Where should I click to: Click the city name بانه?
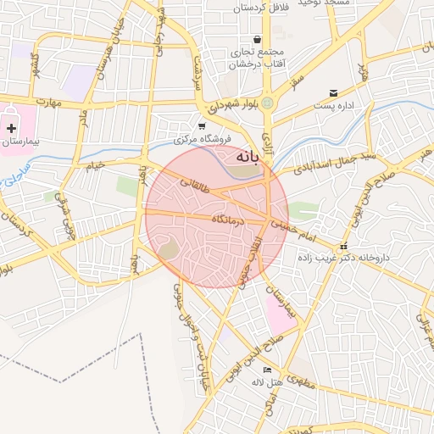click(x=239, y=157)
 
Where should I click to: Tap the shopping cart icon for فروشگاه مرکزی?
click(x=202, y=125)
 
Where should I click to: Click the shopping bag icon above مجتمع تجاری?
click(x=257, y=39)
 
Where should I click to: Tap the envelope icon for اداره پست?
click(x=333, y=92)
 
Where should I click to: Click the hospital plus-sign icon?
click(x=11, y=128)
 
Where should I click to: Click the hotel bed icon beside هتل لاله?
click(x=268, y=370)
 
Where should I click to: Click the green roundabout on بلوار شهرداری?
click(x=268, y=103)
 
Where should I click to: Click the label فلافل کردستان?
click(x=263, y=8)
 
